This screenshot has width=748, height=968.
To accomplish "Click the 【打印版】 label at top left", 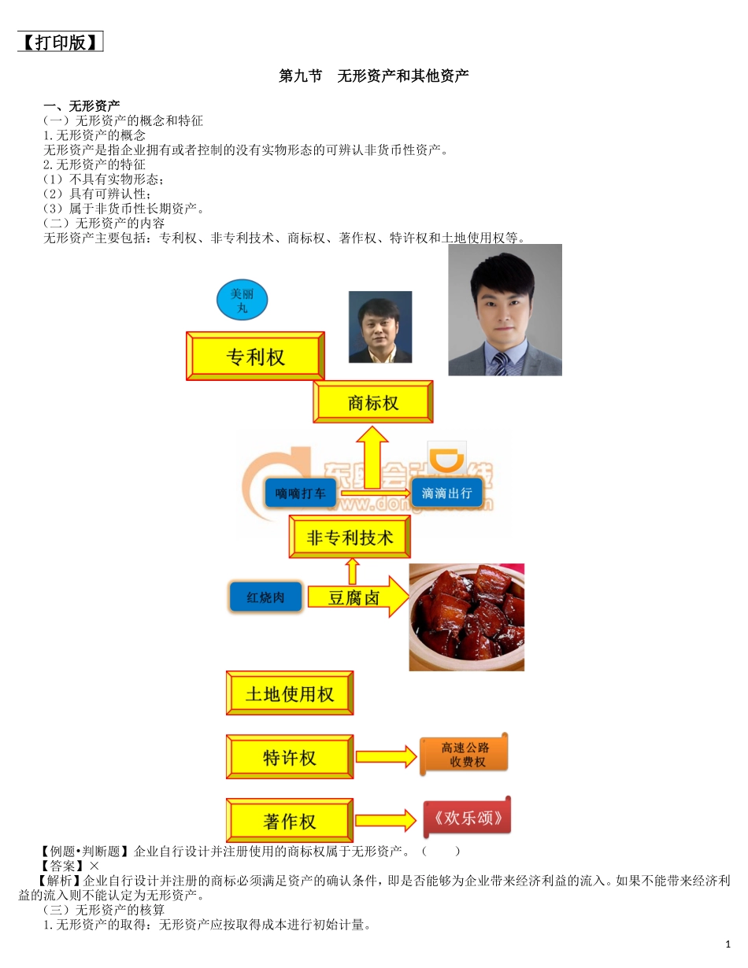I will click(61, 42).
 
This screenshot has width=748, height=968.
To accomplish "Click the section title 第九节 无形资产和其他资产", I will click(374, 76).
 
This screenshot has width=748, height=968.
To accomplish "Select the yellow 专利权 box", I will click(255, 357).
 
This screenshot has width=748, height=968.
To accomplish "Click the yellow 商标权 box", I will click(372, 403).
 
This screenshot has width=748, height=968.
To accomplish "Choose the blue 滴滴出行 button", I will click(447, 493).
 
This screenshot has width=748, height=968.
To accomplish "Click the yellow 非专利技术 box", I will click(350, 538).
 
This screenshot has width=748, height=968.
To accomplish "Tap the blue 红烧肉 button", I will click(265, 597).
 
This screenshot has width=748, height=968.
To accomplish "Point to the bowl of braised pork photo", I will click(466, 616).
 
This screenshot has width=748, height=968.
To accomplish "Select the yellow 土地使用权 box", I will click(290, 693).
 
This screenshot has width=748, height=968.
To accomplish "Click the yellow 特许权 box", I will click(290, 757).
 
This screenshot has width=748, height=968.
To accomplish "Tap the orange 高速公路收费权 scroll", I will click(464, 755).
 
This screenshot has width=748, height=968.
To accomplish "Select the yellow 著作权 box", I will click(290, 821).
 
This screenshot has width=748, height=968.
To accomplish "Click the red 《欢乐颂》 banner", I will click(467, 818).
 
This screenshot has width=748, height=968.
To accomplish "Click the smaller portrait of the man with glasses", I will click(380, 327).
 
